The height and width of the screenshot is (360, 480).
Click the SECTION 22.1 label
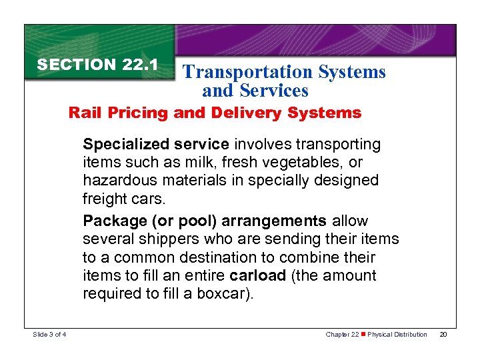(97, 65)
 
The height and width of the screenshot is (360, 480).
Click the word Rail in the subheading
(83, 113)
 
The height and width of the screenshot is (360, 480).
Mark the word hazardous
(116, 180)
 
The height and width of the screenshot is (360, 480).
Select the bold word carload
(257, 275)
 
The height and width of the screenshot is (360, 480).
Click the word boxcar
(225, 294)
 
